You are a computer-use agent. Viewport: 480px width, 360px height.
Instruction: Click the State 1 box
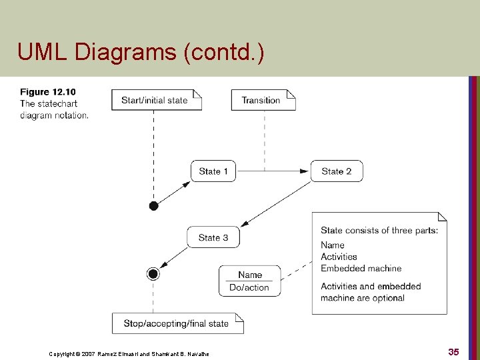click(x=213, y=171)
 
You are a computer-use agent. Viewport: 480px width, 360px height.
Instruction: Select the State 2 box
click(x=336, y=171)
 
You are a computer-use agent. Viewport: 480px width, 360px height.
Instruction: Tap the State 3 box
click(x=213, y=237)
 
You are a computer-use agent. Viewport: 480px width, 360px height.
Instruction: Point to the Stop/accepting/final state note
click(x=177, y=323)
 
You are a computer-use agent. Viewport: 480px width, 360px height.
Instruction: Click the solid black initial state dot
click(x=153, y=206)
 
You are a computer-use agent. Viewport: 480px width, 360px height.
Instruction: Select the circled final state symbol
click(x=153, y=273)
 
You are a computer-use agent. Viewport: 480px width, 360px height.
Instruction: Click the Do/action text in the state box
click(x=249, y=288)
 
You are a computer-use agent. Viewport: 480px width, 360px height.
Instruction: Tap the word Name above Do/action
click(x=250, y=275)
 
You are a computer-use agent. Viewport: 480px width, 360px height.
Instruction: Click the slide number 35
click(x=453, y=351)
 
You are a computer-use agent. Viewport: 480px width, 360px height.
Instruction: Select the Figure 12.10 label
click(x=48, y=92)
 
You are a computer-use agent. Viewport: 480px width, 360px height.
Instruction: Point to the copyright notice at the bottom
click(x=129, y=354)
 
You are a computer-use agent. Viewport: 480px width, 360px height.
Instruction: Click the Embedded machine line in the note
click(x=361, y=268)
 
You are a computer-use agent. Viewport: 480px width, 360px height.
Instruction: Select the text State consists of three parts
click(x=379, y=231)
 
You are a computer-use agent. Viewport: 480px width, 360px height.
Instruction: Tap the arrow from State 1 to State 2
click(x=273, y=171)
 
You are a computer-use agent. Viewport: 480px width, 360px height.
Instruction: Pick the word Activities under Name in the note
click(x=339, y=257)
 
